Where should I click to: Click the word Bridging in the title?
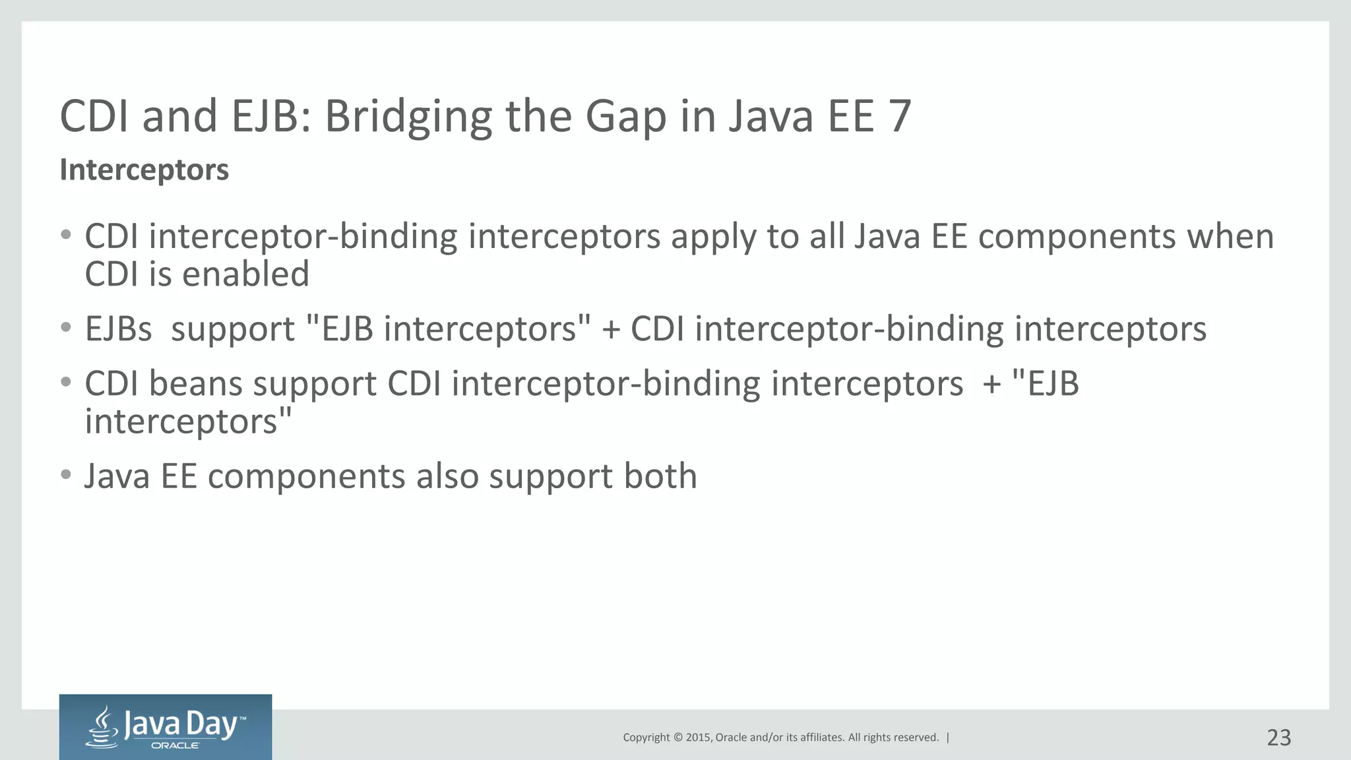pyautogui.click(x=408, y=117)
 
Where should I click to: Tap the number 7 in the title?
pyautogui.click(x=899, y=117)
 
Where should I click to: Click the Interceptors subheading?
pyautogui.click(x=144, y=170)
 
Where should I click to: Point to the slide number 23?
pyautogui.click(x=1278, y=737)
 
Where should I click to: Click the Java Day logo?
pyautogui.click(x=166, y=726)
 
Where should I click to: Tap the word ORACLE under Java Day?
pyautogui.click(x=175, y=745)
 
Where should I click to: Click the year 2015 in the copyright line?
pyautogui.click(x=699, y=738)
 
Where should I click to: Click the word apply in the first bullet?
pyautogui.click(x=713, y=237)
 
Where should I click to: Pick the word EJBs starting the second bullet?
pyautogui.click(x=118, y=329)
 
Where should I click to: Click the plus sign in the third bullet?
pyautogui.click(x=991, y=385)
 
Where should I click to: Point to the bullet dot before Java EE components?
pyautogui.click(x=65, y=474)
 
